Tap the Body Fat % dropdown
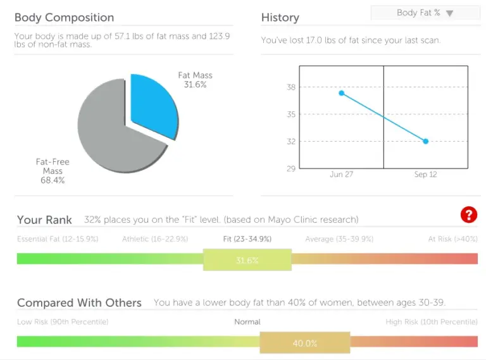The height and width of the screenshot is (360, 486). pos(425,13)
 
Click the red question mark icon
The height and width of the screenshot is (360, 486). pos(468,215)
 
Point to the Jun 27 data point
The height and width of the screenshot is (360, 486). pos(342,93)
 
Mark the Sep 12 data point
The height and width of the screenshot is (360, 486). pos(425,141)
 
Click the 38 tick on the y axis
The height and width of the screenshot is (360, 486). pos(291,87)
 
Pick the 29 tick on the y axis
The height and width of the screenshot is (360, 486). pos(291,168)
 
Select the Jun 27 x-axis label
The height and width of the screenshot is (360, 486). pos(342,175)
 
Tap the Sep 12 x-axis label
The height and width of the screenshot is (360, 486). pos(425,175)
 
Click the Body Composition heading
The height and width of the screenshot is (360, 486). pos(64,18)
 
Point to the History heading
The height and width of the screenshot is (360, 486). pos(280,18)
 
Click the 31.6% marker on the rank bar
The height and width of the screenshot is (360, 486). pos(247,260)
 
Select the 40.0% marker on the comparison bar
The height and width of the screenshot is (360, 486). pos(304,344)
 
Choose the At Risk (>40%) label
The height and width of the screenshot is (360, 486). pos(452,239)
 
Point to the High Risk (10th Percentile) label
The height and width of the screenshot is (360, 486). pos(432,322)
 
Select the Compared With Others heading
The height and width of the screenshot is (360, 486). pos(79,303)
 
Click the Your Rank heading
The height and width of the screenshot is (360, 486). pos(44,220)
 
